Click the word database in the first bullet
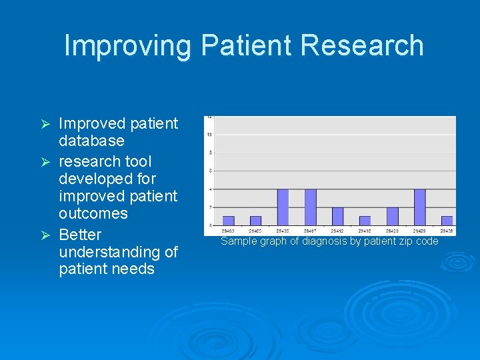[x=91, y=141]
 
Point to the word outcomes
[x=93, y=213]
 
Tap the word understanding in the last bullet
[x=118, y=252]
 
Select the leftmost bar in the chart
[x=228, y=220]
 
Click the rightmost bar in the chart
[x=447, y=220]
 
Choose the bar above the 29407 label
[x=310, y=207]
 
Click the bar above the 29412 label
[x=337, y=216]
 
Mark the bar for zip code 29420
[x=392, y=216]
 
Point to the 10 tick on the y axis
[x=209, y=135]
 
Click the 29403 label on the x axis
[x=228, y=231]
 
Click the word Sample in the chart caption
[x=238, y=241]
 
